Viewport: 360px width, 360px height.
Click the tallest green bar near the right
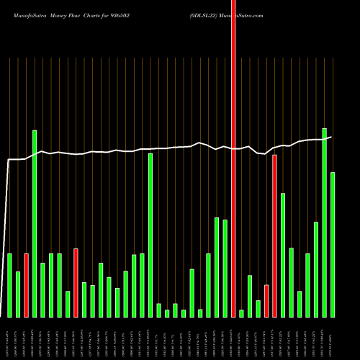click(325, 222)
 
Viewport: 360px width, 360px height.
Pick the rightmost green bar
click(333, 245)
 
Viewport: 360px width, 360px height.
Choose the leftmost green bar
click(9, 285)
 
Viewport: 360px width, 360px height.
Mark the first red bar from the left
click(26, 285)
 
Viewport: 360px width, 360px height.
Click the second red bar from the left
click(76, 283)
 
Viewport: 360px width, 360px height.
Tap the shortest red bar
click(266, 301)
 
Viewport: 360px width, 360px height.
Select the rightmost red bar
click(275, 236)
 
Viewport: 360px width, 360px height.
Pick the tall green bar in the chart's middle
click(150, 235)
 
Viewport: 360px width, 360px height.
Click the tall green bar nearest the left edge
click(35, 223)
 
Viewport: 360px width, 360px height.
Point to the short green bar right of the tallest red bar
click(242, 313)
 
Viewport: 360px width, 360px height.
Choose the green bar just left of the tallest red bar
click(225, 268)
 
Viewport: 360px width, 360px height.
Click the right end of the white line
click(331, 137)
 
